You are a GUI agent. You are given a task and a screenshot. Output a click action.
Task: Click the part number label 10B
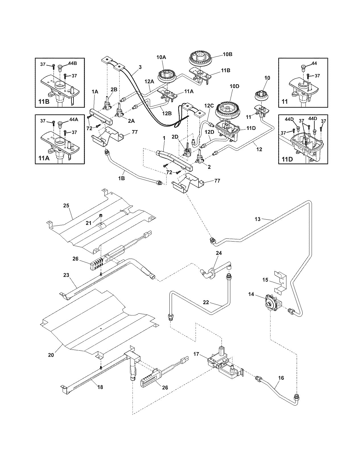click(x=227, y=54)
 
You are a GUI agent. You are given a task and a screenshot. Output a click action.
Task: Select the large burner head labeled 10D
click(x=229, y=109)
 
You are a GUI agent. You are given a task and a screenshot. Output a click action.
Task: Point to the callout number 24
click(x=219, y=253)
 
